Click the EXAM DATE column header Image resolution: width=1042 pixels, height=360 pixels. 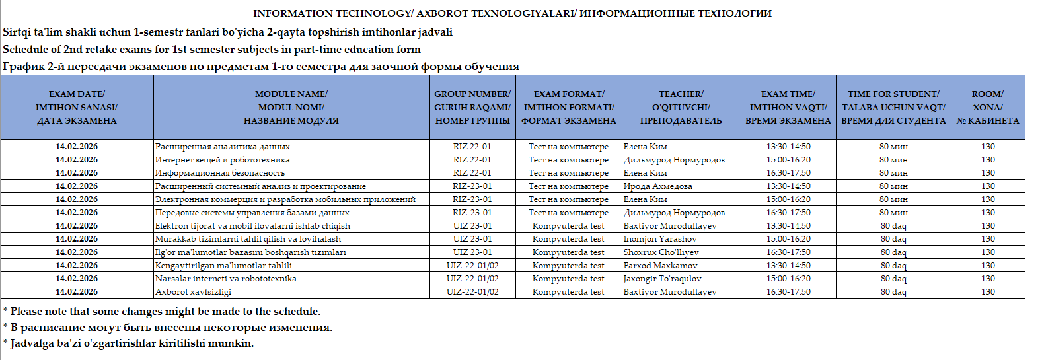77,107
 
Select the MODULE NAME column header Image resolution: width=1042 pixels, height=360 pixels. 291,107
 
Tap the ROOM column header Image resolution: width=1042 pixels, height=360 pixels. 987,107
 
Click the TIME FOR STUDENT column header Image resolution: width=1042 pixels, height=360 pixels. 893,107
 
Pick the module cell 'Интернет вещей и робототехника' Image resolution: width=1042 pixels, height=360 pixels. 223,160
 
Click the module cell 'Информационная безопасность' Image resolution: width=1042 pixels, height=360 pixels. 220,173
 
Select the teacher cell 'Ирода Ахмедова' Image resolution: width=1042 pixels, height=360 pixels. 658,186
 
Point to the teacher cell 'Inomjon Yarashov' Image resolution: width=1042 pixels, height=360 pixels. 660,239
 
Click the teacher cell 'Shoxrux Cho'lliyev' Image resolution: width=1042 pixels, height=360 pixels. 661,252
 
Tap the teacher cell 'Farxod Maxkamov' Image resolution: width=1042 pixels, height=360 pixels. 660,266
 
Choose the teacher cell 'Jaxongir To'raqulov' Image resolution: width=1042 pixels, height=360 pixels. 663,279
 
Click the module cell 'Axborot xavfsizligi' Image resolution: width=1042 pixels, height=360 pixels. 193,292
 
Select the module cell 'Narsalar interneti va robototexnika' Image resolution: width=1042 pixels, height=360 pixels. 226,279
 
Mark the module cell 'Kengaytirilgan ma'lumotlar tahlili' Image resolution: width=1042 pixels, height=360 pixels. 223,266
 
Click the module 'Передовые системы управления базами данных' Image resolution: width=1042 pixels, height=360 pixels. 252,213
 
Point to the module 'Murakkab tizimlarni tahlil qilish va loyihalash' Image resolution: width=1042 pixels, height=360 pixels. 248,239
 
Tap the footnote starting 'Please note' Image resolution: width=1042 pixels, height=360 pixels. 162,312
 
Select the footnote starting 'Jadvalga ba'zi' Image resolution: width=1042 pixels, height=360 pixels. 129,343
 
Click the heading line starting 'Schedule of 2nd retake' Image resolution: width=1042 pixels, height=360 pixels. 211,50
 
